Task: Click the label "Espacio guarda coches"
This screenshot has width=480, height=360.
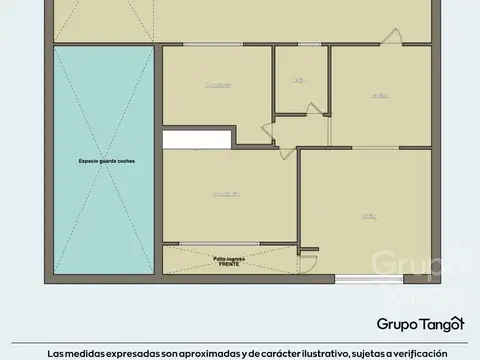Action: click(107, 161)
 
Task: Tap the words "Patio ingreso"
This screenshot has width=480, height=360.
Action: click(229, 259)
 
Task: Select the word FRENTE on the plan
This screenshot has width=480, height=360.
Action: click(229, 265)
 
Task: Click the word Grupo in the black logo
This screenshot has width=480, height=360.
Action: click(395, 323)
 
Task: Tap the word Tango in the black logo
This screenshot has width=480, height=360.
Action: click(441, 323)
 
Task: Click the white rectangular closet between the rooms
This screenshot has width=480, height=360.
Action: click(197, 139)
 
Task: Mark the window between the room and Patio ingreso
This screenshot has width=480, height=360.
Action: click(230, 243)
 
